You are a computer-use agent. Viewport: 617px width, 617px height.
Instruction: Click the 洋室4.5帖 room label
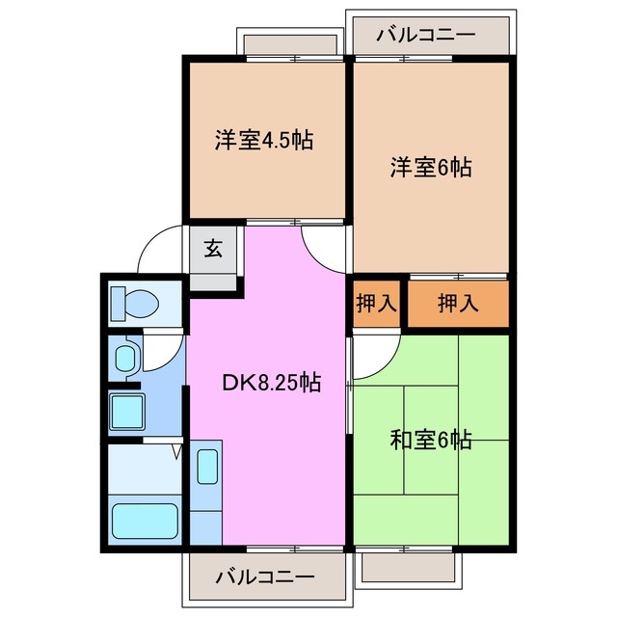pos(263,139)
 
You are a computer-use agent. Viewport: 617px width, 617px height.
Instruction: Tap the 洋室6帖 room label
pos(430,167)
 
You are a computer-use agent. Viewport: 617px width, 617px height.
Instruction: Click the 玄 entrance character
pos(213,248)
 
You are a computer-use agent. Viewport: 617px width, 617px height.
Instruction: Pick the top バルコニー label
pos(426,35)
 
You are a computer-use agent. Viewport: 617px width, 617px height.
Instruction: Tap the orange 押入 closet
pos(457,305)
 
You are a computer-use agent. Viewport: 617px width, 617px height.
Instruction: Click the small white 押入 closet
pos(376,304)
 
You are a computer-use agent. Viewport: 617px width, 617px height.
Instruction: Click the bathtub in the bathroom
pos(144,522)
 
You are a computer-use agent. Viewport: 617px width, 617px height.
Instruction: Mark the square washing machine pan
pos(127,411)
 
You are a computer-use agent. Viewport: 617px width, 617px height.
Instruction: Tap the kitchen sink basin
pos(207,467)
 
